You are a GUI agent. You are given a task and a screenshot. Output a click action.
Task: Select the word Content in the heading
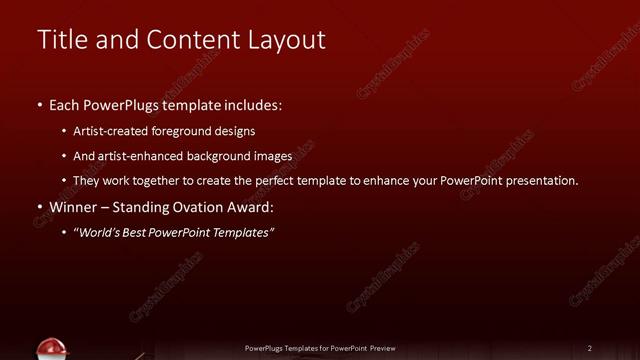coord(190,39)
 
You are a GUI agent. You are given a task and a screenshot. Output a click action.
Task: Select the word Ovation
coord(200,208)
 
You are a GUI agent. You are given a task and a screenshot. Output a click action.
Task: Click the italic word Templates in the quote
coord(240,233)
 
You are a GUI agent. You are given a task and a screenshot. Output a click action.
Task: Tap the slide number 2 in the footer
coord(590,348)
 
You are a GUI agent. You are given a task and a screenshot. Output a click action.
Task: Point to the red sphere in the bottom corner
coord(51,349)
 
